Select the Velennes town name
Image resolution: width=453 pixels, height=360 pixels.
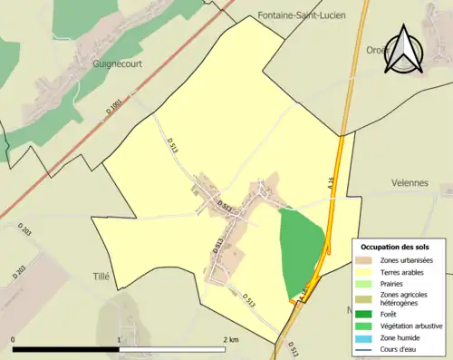(410, 182)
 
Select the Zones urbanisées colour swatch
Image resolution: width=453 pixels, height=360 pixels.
(362, 260)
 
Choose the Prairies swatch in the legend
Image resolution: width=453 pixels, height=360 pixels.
(362, 283)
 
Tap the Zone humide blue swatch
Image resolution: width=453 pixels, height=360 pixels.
(362, 336)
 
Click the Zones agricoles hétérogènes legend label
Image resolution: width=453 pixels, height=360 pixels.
(403, 298)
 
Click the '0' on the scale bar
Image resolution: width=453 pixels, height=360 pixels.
(13, 339)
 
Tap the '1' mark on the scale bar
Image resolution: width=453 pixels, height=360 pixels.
(119, 339)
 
